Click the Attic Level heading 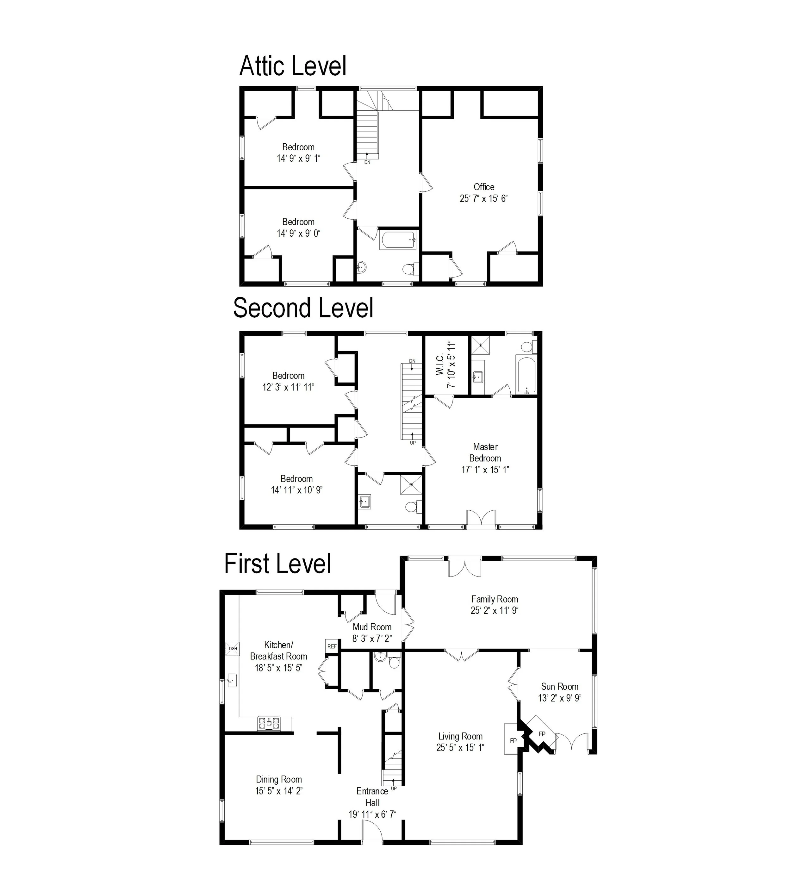click(293, 66)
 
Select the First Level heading click(277, 564)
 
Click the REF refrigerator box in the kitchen click(332, 646)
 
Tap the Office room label click(484, 187)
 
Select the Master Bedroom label click(485, 452)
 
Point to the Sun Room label click(559, 686)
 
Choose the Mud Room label click(372, 627)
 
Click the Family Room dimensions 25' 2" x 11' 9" click(494, 610)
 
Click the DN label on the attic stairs click(367, 162)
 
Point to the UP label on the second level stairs click(413, 443)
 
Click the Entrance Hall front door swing click(372, 831)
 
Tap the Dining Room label click(278, 779)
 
